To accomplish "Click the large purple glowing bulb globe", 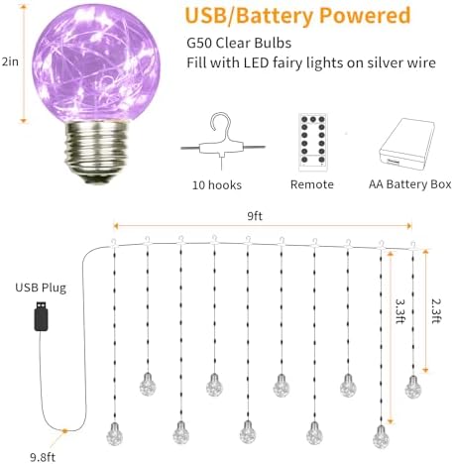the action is [96, 63].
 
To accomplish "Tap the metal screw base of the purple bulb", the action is [96, 152].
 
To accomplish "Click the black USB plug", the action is [42, 316].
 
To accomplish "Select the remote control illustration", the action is [313, 143].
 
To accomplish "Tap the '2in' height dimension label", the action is [10, 61].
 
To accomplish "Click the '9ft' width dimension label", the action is [255, 216].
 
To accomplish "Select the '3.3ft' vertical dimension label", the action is [400, 311].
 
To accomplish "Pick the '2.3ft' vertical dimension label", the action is [436, 311].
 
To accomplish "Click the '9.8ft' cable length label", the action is [43, 457].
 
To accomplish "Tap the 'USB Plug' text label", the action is [41, 288].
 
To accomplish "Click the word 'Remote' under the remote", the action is [312, 184].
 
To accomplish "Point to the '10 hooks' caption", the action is [217, 185].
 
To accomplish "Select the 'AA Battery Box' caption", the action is [410, 184].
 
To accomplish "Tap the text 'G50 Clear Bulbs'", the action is [239, 44].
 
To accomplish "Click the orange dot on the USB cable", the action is [65, 431].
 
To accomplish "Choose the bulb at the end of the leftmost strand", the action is [114, 433].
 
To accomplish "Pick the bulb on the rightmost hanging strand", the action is [413, 387].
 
